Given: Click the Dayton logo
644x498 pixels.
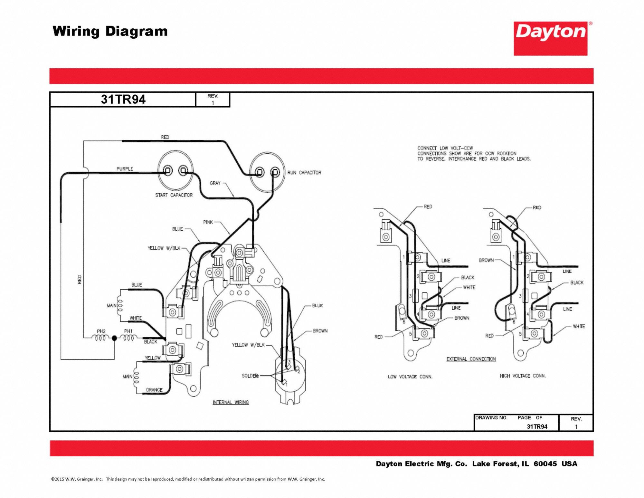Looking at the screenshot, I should (x=550, y=38).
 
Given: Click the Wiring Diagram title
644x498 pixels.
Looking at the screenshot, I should (x=110, y=31).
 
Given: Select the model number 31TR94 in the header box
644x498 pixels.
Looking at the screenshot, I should (x=123, y=99).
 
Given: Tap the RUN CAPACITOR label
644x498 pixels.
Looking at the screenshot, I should (x=304, y=173).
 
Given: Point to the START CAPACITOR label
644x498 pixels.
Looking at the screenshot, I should (x=174, y=195).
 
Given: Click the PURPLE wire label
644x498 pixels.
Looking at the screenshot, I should (x=125, y=169).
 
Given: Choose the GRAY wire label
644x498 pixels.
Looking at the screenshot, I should (x=215, y=183).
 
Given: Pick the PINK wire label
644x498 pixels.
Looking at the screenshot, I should (x=208, y=222).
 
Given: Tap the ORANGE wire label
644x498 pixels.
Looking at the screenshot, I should (x=154, y=390).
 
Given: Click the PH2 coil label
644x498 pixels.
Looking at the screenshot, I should (x=101, y=331).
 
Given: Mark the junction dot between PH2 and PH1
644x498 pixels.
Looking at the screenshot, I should (x=114, y=338).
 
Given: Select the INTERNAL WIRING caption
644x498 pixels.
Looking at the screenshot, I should (x=231, y=402).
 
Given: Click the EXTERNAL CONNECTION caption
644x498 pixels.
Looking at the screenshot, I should (x=471, y=359).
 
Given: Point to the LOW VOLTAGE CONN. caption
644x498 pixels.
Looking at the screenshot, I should (x=410, y=377).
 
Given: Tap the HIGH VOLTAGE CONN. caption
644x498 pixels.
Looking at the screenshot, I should (x=523, y=376).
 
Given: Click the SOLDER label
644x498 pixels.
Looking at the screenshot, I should (x=250, y=376).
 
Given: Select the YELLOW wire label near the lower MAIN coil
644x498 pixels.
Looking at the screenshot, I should (x=153, y=358).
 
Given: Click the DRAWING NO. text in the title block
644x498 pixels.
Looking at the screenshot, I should (x=491, y=418).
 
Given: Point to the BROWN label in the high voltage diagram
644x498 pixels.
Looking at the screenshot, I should (x=486, y=260).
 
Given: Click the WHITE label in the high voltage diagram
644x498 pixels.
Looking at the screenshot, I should (x=579, y=326).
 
